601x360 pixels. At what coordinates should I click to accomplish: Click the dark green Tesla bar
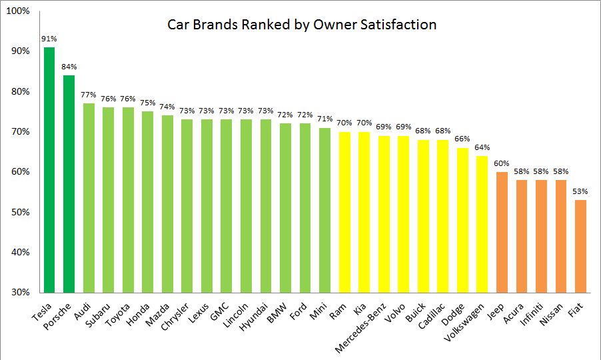click(x=49, y=170)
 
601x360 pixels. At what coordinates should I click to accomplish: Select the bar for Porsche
click(x=69, y=184)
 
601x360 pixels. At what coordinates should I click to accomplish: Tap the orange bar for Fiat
click(x=580, y=246)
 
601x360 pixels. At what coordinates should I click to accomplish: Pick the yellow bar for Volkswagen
click(x=482, y=224)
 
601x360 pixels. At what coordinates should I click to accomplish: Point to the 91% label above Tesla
click(x=49, y=39)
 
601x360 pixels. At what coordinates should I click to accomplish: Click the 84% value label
click(x=69, y=67)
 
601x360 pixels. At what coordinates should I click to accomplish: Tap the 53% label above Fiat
click(x=580, y=191)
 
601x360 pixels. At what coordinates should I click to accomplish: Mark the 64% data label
click(x=482, y=147)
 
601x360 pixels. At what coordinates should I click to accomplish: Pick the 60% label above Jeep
click(x=502, y=163)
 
